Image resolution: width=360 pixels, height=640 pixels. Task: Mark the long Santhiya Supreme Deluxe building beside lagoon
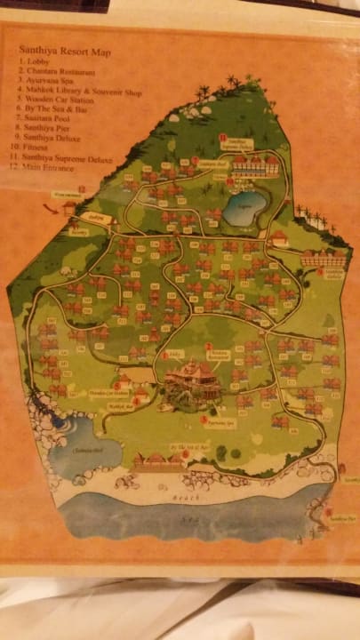255,166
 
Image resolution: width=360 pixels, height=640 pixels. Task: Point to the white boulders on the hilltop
212,110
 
